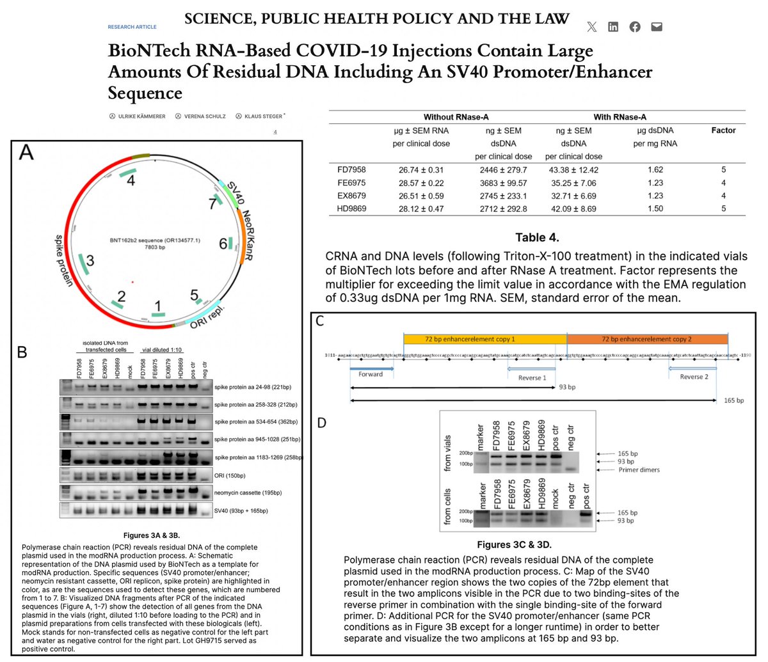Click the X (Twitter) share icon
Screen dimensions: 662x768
tap(591, 27)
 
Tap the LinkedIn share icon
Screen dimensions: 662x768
tap(613, 27)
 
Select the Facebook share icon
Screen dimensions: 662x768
tap(635, 27)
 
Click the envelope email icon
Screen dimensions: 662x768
tap(656, 27)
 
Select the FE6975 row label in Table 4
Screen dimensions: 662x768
tap(351, 183)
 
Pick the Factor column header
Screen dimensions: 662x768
tap(723, 130)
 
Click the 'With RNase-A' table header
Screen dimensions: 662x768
tap(620, 117)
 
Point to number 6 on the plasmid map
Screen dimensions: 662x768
tap(223, 244)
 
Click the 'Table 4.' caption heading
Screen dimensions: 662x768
tap(538, 238)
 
